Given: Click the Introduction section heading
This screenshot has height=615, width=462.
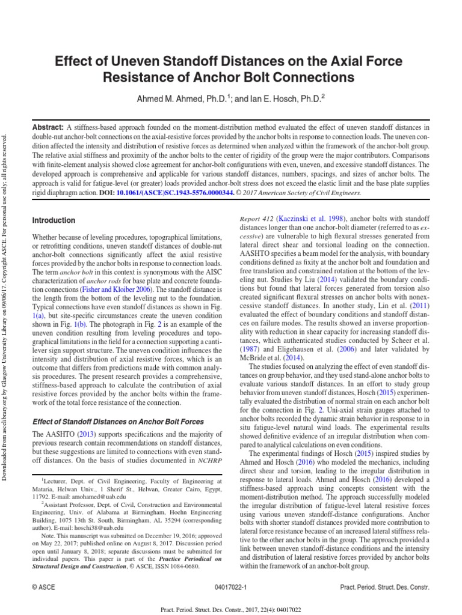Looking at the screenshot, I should [x=54, y=220].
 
